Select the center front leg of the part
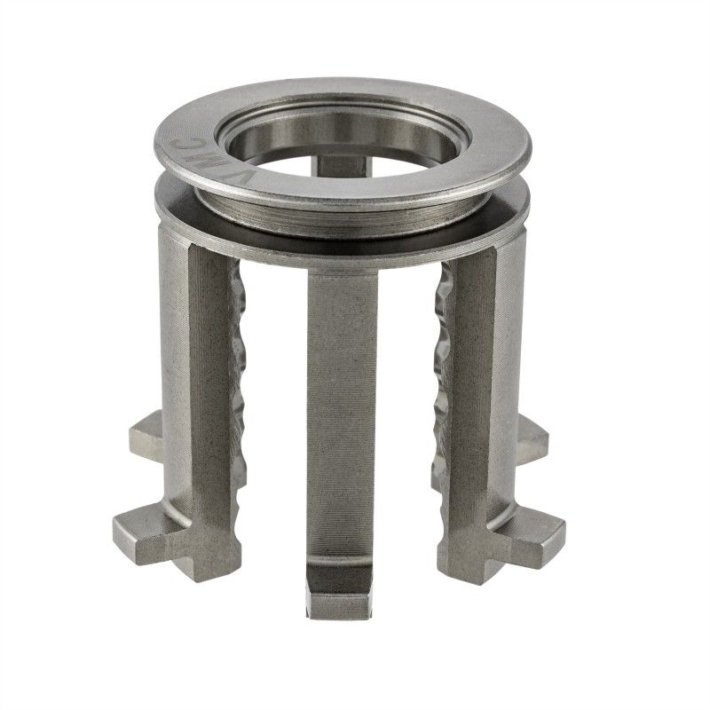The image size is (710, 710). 342,399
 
